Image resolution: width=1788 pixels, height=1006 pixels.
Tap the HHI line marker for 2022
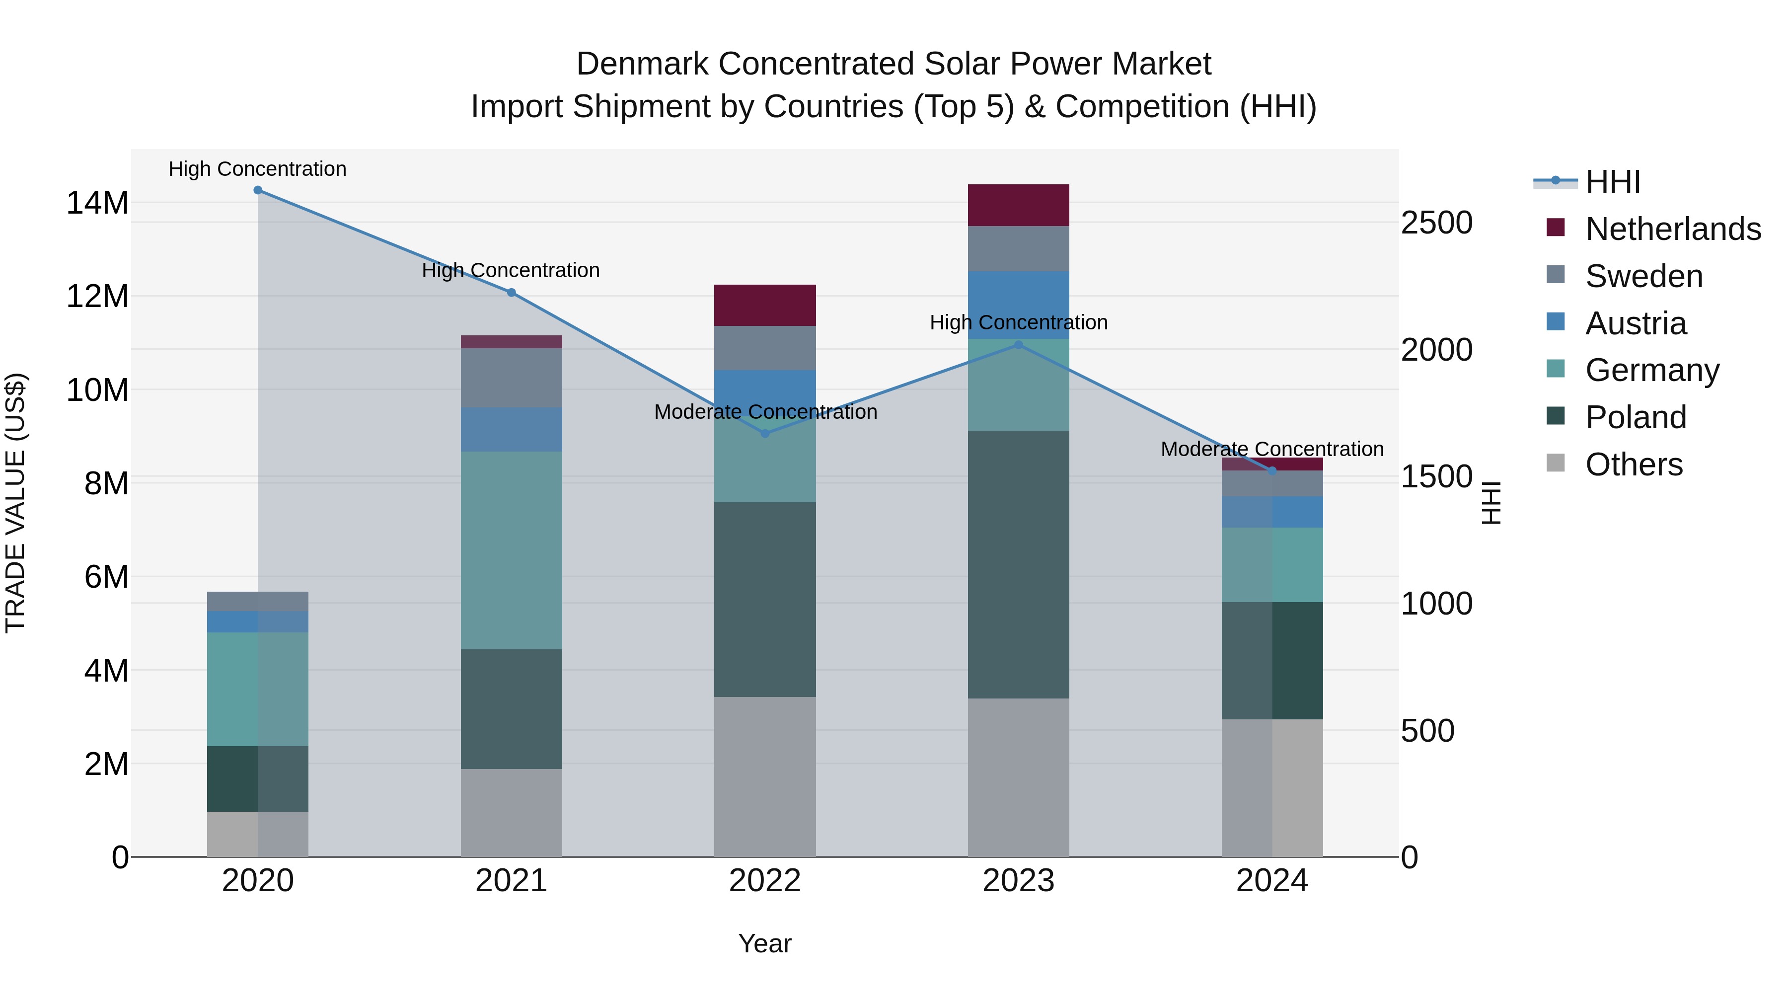[x=765, y=434]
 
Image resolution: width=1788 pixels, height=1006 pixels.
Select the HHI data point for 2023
[x=1018, y=345]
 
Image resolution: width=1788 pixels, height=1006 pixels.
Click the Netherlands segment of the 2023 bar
[x=1018, y=206]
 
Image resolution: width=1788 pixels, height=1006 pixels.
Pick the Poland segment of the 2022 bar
[x=765, y=599]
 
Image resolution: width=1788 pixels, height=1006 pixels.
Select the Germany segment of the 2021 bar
[x=512, y=550]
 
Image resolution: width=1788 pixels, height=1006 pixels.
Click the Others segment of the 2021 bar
[x=512, y=812]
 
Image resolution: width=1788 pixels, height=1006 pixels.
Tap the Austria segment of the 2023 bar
[x=1018, y=306]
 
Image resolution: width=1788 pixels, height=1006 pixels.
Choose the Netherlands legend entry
[x=1673, y=229]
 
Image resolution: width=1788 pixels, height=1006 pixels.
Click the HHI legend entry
[x=1612, y=182]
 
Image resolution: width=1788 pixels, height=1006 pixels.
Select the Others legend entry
[x=1633, y=464]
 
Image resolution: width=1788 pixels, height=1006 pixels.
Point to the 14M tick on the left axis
[x=97, y=203]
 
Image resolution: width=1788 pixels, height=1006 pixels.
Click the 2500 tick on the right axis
[x=1436, y=223]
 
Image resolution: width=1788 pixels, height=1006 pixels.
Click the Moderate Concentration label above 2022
[x=765, y=412]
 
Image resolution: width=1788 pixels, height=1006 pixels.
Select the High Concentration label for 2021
[x=511, y=270]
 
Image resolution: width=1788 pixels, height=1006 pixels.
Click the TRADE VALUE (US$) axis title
[x=16, y=503]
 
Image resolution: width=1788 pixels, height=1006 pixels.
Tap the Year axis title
[x=765, y=943]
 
